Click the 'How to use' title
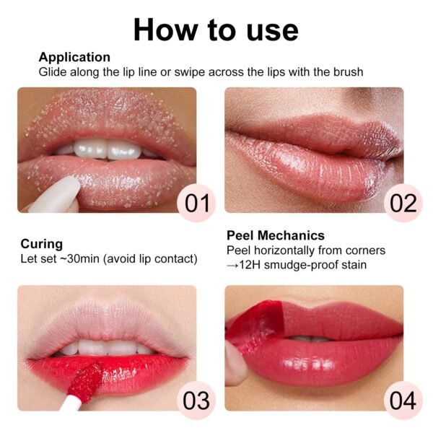(x=216, y=30)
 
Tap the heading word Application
(x=74, y=58)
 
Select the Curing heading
(x=42, y=244)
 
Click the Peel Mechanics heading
(x=276, y=235)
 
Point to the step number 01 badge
(x=196, y=203)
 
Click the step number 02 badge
(x=403, y=203)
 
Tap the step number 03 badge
(x=196, y=401)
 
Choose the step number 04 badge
(x=403, y=401)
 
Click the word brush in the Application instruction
(x=349, y=72)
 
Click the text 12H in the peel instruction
(x=250, y=265)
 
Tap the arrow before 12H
(x=232, y=266)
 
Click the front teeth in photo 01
(x=107, y=149)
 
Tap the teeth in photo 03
(x=108, y=347)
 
